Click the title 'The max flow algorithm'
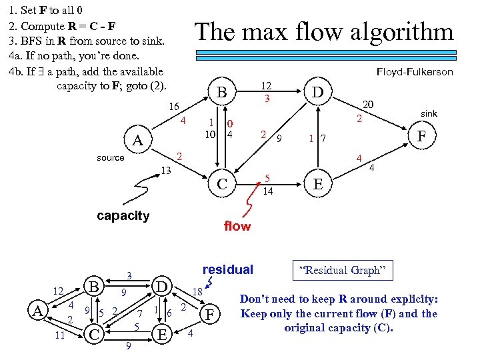(x=323, y=32)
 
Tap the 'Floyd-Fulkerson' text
(x=414, y=72)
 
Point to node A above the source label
(x=137, y=141)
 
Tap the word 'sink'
(x=429, y=114)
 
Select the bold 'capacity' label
(x=123, y=215)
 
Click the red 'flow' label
(x=237, y=226)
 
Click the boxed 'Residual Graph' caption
(x=343, y=271)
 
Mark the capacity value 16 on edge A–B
(x=174, y=106)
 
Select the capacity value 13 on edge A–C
(x=167, y=171)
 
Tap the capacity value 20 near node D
(x=367, y=104)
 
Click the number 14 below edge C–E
(x=267, y=191)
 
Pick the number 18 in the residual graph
(x=198, y=291)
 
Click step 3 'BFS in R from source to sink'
(x=87, y=41)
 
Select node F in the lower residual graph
(x=211, y=313)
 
